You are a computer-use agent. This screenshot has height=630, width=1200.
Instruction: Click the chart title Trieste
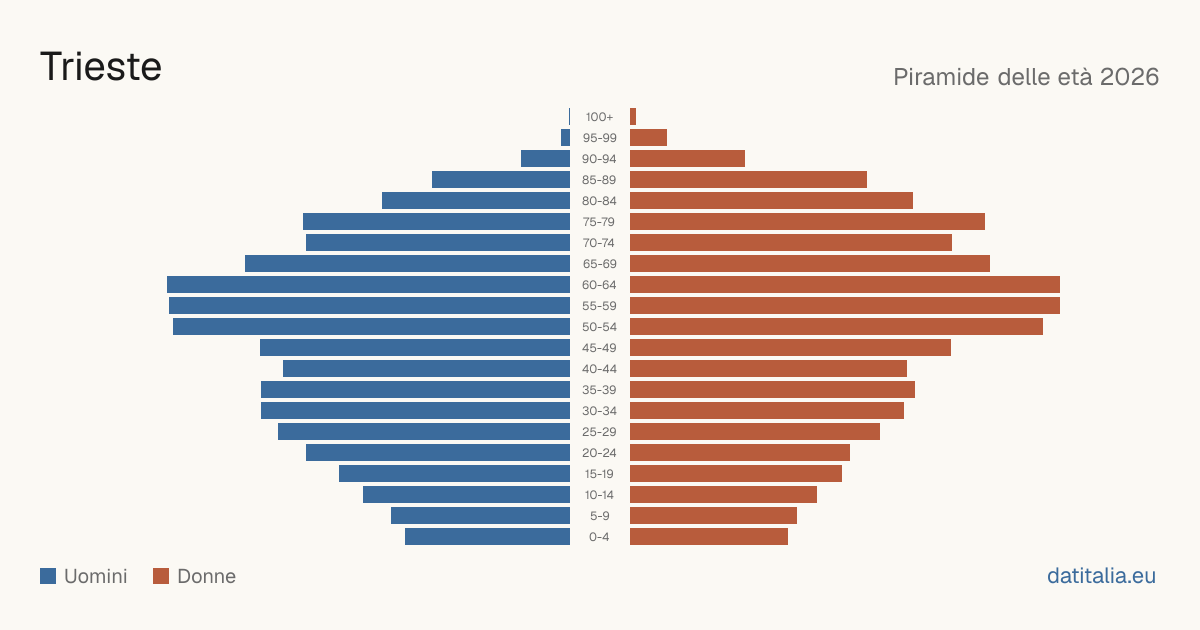(101, 67)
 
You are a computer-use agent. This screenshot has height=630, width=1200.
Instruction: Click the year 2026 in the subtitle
(1129, 77)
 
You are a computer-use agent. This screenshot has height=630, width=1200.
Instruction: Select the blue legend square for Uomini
(48, 576)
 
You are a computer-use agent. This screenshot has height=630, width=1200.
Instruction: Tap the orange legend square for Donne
(161, 576)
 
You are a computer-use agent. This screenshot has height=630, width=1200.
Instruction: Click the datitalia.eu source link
(1101, 576)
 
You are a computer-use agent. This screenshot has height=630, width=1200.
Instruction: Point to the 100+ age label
(599, 117)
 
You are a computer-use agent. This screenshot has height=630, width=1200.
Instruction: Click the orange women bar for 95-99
(648, 138)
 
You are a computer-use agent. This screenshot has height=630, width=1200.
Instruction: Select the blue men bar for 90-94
(545, 159)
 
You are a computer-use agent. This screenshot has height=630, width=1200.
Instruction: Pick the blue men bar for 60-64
(369, 284)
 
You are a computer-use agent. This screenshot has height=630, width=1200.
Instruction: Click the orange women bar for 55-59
(845, 305)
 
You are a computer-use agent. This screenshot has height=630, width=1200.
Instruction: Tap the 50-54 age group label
(599, 327)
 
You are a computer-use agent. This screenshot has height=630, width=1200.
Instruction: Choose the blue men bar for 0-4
(488, 536)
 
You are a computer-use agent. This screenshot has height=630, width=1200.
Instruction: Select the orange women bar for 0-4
(709, 536)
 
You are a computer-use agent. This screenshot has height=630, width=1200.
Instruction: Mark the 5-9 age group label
(599, 516)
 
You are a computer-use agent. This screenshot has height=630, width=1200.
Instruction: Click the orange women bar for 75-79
(807, 222)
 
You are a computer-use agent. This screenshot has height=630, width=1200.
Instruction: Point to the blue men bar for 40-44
(426, 369)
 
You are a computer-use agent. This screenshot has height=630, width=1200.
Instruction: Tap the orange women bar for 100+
(633, 117)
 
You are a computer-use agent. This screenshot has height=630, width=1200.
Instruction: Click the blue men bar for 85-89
(501, 179)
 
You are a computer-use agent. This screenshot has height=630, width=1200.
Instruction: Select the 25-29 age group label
(599, 432)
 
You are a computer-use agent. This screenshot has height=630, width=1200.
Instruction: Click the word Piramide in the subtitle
(941, 77)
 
